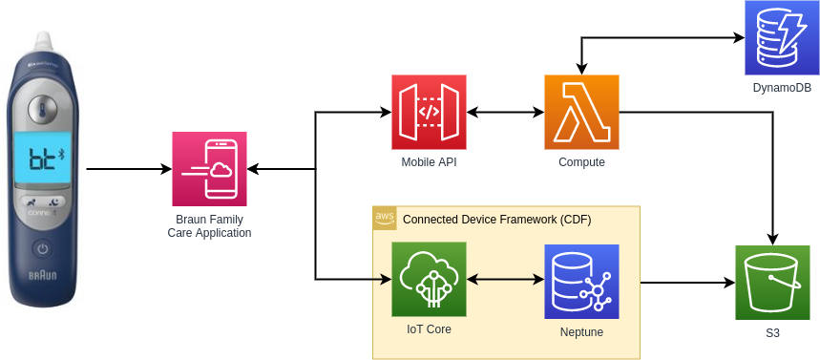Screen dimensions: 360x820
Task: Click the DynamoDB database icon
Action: click(781, 37)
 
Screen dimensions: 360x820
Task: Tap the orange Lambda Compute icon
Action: click(581, 112)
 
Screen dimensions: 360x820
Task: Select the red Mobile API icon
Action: click(429, 112)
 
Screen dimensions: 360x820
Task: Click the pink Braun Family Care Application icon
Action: click(209, 169)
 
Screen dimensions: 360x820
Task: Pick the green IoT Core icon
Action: click(429, 279)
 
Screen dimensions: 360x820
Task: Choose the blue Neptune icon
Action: click(581, 282)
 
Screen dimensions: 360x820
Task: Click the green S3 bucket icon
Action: click(772, 282)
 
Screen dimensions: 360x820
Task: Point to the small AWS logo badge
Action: click(384, 218)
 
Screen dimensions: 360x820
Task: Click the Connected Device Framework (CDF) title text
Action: click(496, 220)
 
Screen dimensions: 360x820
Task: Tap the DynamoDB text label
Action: click(781, 88)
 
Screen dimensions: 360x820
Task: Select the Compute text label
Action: click(581, 162)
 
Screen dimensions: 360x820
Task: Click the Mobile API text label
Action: click(429, 162)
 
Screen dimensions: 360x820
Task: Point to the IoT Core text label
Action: click(429, 329)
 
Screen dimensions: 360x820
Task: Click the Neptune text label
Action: click(581, 332)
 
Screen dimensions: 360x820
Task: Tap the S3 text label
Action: click(772, 333)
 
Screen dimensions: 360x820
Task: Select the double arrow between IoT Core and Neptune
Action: click(505, 280)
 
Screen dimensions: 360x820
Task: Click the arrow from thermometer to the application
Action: click(129, 170)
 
